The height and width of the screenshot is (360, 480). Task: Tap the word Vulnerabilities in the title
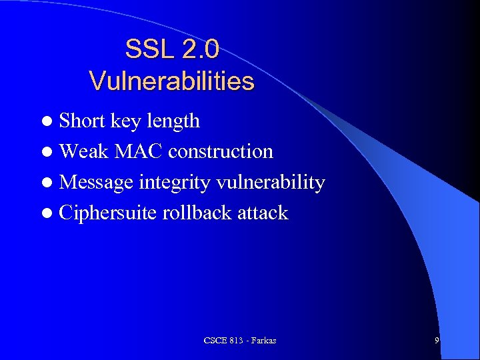click(x=172, y=81)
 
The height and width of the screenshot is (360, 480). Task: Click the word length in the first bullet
click(x=173, y=121)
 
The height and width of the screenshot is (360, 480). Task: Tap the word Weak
click(x=85, y=151)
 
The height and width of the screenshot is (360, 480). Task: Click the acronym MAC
click(x=139, y=151)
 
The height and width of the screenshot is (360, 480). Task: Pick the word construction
click(x=221, y=151)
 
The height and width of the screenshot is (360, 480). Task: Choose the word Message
click(x=97, y=183)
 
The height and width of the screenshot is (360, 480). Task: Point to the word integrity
click(x=173, y=183)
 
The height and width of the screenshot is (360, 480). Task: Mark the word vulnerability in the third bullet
click(x=269, y=182)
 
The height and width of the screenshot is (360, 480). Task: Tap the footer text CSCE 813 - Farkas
click(x=240, y=341)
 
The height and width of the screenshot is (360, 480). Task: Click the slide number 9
click(x=437, y=341)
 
